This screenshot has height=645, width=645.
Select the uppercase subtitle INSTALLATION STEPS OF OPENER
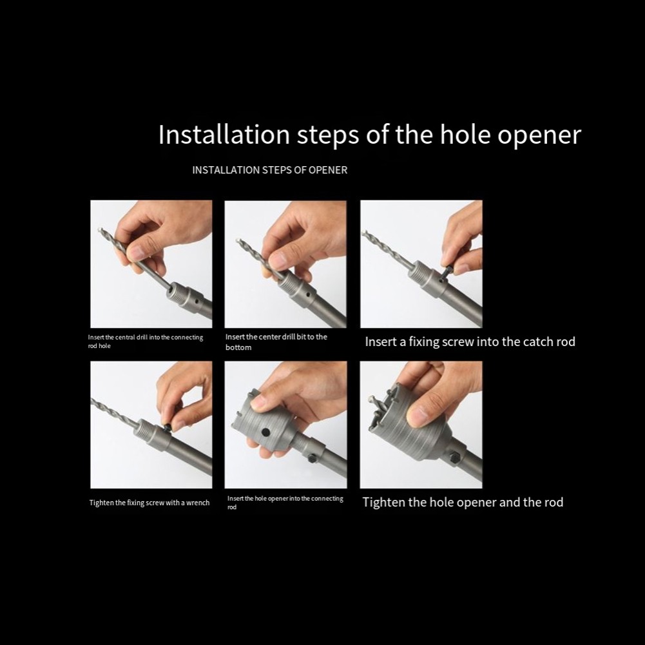click(269, 170)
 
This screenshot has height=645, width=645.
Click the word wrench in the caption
click(198, 503)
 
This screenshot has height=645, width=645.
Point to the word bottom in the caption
click(238, 347)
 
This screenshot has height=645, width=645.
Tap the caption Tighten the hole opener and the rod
click(463, 502)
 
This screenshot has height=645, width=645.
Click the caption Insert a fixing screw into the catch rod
click(470, 342)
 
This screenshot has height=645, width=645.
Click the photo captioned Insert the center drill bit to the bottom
click(285, 264)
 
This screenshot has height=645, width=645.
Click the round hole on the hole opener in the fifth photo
click(264, 430)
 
